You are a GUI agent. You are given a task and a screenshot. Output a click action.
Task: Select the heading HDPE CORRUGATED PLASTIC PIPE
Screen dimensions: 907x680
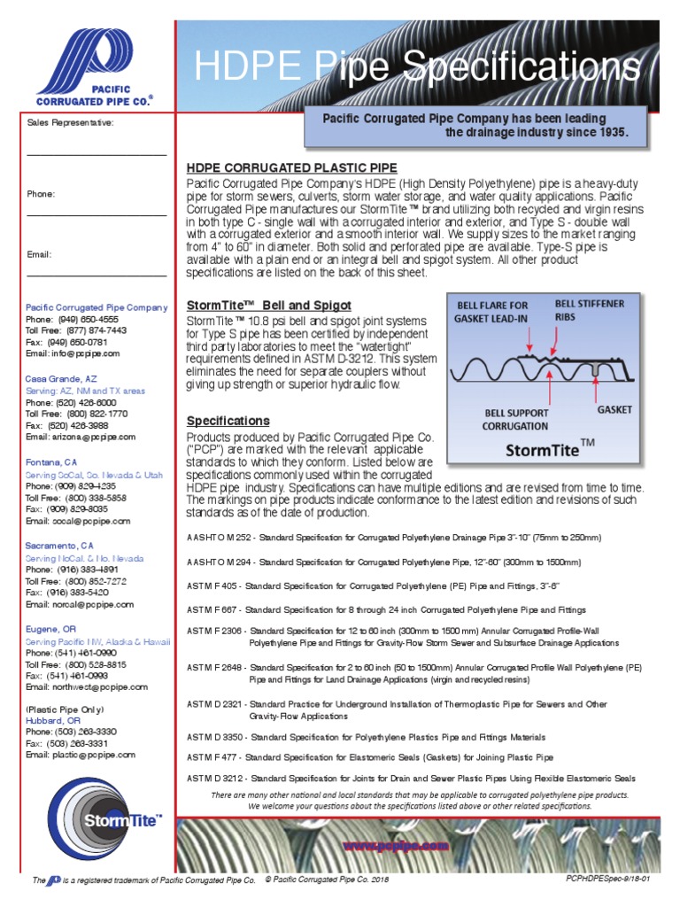[x=291, y=167]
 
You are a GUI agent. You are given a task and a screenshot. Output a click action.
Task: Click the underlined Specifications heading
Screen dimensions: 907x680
[x=228, y=420]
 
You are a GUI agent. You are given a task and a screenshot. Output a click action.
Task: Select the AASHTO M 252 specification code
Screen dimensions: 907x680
[x=220, y=537]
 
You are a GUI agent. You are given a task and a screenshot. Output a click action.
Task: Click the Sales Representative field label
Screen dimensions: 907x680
[x=70, y=122]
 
